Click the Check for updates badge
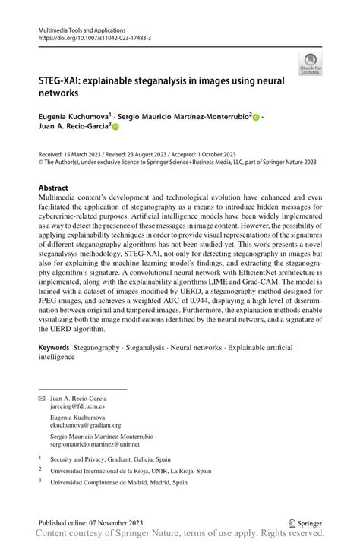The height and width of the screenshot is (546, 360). [309, 64]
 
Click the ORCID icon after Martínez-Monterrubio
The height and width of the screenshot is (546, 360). [256, 118]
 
